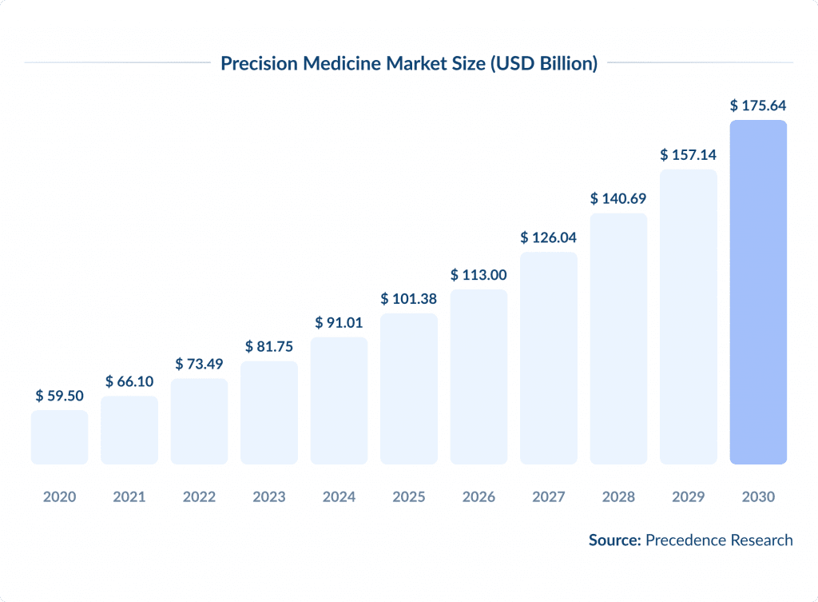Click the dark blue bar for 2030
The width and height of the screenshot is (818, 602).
[758, 292]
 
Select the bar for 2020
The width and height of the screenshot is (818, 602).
[59, 437]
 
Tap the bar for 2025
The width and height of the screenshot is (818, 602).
[409, 389]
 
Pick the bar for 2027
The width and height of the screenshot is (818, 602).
[549, 357]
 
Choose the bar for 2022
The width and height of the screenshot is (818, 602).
[199, 421]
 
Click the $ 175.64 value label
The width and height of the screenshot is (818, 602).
[758, 106]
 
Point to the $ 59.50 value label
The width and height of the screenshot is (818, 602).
[59, 396]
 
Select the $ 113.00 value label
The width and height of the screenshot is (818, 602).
[478, 275]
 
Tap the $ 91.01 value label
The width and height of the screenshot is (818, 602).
[339, 323]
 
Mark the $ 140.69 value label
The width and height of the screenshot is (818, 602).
[618, 198]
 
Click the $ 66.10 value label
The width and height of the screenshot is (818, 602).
[129, 381]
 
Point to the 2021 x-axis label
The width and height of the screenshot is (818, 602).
[129, 497]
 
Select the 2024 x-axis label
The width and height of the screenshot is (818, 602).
[339, 497]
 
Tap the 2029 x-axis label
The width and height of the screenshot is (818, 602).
[689, 497]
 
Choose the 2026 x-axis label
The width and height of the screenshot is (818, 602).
[478, 497]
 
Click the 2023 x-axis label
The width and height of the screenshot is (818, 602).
[269, 497]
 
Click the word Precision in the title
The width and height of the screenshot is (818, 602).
[257, 63]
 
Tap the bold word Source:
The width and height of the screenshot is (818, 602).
[615, 540]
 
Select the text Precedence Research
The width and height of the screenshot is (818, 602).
[719, 540]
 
